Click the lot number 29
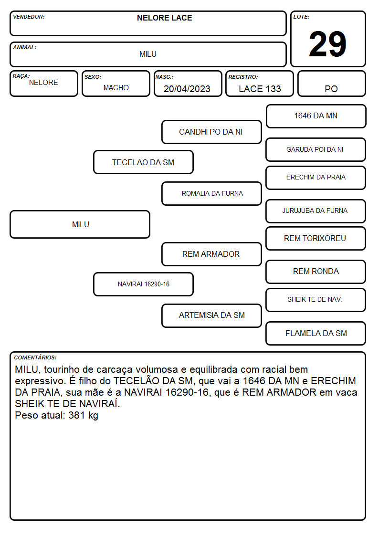327,44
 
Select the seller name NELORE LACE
164,18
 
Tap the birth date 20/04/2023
187,89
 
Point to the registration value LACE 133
260,89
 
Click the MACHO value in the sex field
116,88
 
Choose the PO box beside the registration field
331,84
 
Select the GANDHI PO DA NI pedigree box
211,132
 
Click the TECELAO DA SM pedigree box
143,162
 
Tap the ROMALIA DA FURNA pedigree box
211,193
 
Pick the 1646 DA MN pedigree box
316,116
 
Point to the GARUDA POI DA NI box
316,150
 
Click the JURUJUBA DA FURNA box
316,211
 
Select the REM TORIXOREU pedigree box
316,238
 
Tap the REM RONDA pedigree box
316,272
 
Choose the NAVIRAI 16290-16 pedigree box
143,284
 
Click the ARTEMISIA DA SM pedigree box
211,315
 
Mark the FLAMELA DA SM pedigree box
316,333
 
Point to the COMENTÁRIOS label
35,357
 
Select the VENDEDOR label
29,17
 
